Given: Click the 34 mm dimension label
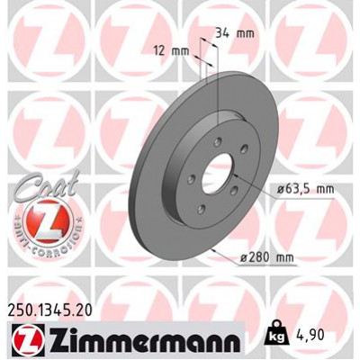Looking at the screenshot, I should [x=229, y=33].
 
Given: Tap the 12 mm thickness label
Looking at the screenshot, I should [x=171, y=50].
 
